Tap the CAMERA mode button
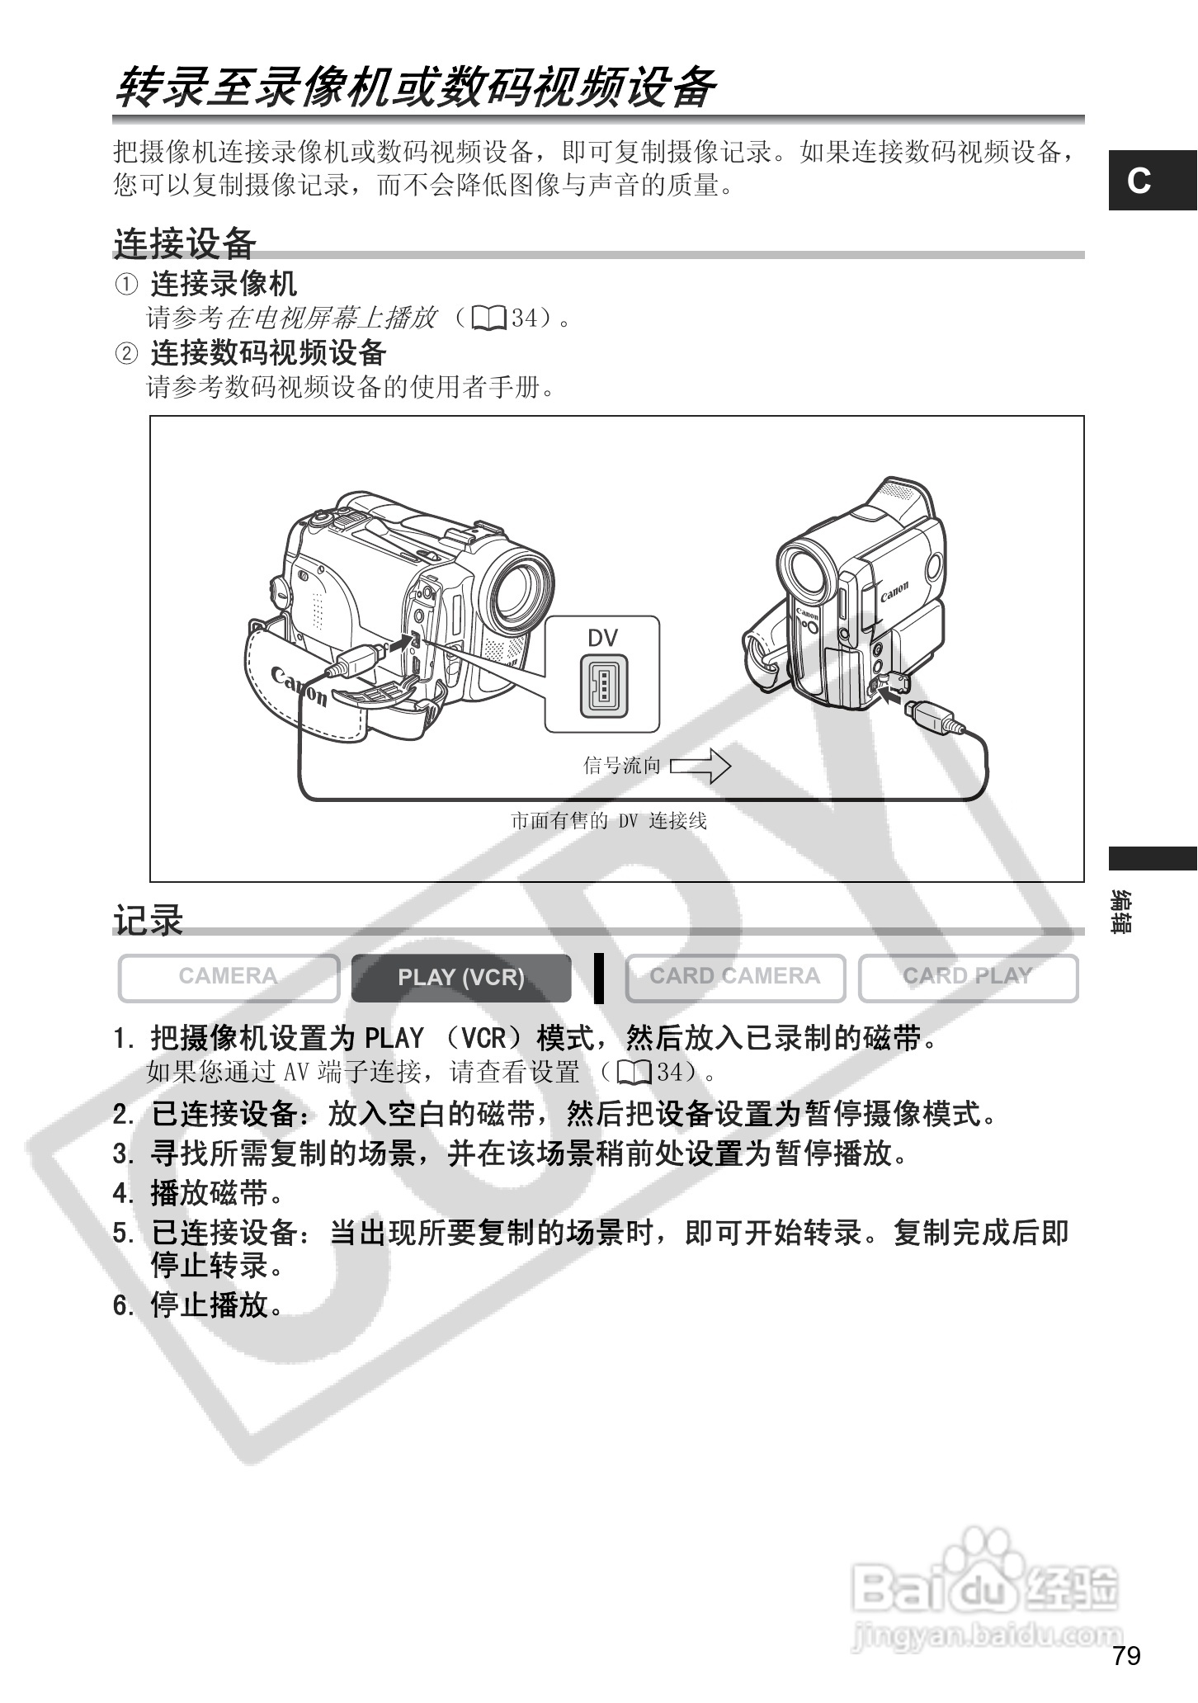[229, 978]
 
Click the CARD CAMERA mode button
[735, 978]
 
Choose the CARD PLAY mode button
[968, 978]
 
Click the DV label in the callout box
[602, 638]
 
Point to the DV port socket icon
[603, 685]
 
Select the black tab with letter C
[1152, 181]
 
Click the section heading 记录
[148, 920]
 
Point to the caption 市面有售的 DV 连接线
[609, 821]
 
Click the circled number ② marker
[125, 354]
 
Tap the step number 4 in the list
[122, 1193]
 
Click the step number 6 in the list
[122, 1305]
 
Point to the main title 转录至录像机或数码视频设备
[413, 87]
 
